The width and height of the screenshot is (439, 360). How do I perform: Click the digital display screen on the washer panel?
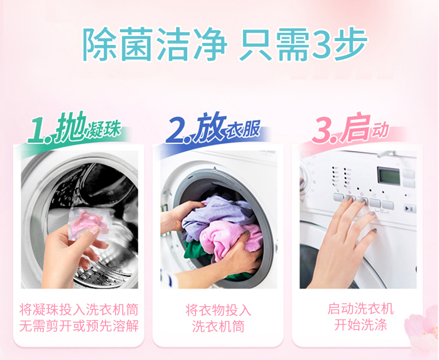pos(388,176)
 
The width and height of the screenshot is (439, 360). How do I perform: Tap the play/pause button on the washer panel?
pos(410,208)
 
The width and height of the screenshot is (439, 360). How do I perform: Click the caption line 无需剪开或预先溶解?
pos(79,326)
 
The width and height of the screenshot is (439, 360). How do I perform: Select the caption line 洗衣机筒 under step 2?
pos(218,327)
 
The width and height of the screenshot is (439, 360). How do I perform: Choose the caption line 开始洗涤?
pos(361,325)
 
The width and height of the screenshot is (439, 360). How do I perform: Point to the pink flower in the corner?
pos(423,328)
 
